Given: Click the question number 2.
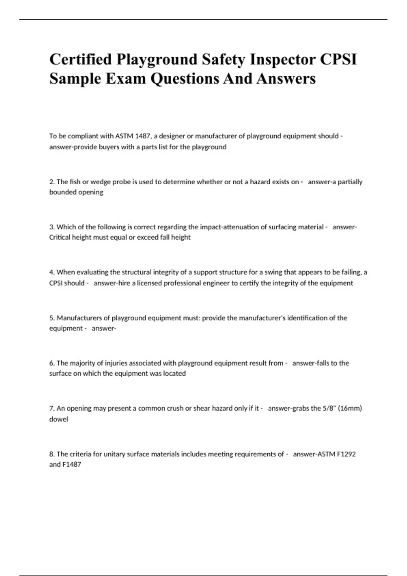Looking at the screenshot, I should (x=52, y=182).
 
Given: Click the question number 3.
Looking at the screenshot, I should (x=52, y=227).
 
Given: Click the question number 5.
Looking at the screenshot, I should (x=52, y=318).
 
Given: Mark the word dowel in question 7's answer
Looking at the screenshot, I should (x=59, y=419).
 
